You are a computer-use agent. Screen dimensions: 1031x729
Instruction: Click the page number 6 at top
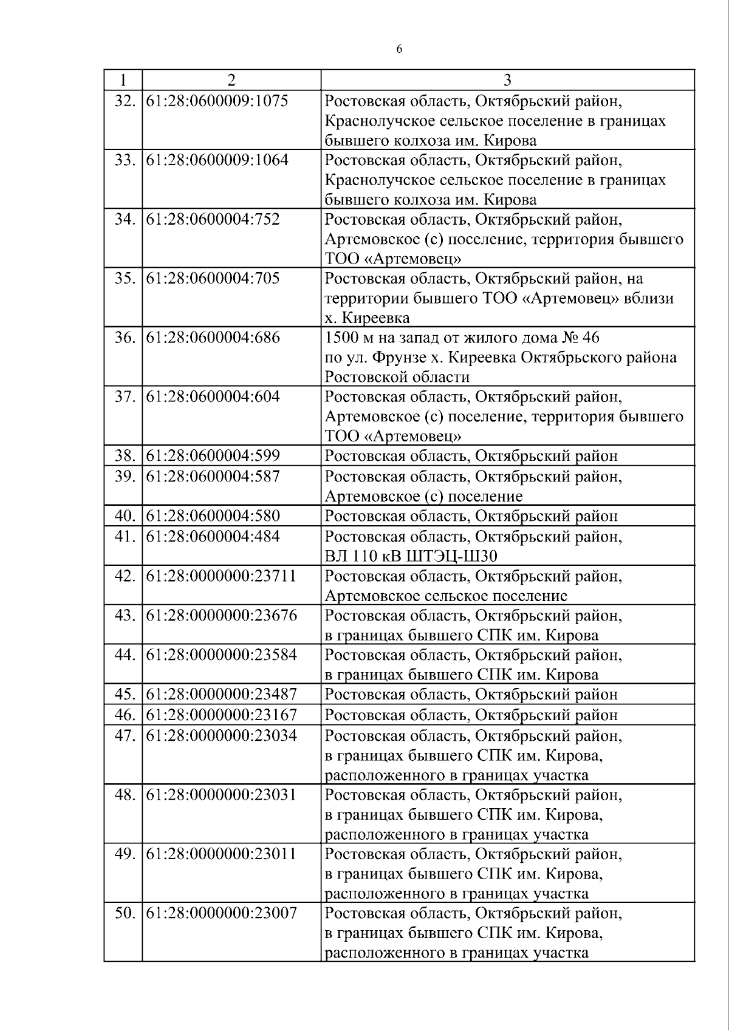399,50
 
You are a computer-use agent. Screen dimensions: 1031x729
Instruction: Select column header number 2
231,80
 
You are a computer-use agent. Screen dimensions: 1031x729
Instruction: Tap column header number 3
507,80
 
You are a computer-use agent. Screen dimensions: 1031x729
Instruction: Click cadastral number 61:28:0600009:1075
217,101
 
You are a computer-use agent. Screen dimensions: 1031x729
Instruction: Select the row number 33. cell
124,160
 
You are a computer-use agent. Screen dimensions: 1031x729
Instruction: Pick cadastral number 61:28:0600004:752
213,219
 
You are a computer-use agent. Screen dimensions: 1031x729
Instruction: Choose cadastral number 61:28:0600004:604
213,396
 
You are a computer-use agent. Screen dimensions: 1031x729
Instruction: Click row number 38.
124,456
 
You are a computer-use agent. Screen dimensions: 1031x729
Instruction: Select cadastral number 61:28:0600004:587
213,476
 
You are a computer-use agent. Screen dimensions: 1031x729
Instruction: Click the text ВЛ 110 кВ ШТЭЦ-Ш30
411,556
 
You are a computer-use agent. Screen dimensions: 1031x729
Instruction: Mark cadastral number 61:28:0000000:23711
221,576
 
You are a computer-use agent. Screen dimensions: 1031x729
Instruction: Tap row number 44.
124,655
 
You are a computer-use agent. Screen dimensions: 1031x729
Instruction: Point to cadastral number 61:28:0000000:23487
221,694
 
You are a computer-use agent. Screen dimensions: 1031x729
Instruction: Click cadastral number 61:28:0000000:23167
221,715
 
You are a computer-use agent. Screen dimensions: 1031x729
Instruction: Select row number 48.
124,794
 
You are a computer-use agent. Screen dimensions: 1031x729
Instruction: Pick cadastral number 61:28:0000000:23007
221,913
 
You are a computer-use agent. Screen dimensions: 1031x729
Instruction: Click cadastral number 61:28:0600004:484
213,536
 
